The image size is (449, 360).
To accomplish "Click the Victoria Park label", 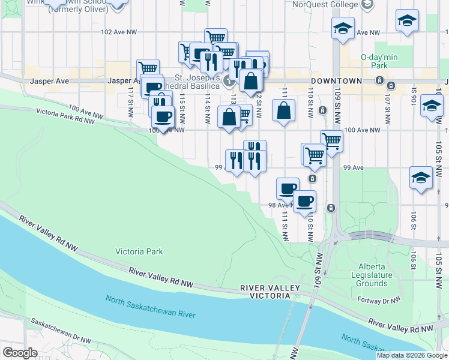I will coord(139,251).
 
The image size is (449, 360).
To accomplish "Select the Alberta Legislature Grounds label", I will coord(375,275).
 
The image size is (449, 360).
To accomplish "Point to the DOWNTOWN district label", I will coord(336,81).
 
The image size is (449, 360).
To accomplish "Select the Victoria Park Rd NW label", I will coord(65,116).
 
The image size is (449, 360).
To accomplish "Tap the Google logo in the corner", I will coord(20,353).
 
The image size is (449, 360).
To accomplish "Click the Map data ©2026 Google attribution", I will coord(412,355).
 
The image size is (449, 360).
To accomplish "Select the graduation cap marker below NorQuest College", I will coord(343,29).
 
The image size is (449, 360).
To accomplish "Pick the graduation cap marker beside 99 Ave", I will coord(421,178).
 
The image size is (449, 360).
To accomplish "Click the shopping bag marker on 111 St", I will coord(283,111).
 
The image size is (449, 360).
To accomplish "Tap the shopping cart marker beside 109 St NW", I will coord(331,142).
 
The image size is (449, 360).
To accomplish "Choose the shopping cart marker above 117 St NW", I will coord(147,69).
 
